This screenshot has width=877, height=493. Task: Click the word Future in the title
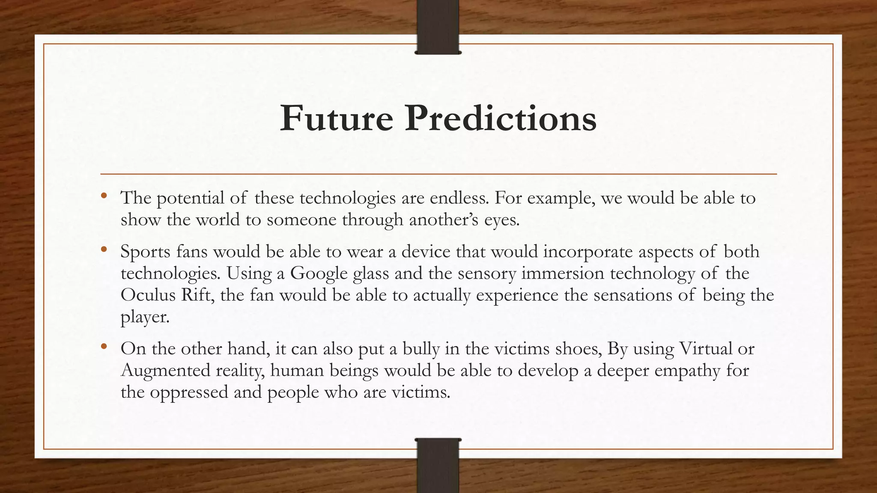336,119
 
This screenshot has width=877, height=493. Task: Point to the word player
145,318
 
